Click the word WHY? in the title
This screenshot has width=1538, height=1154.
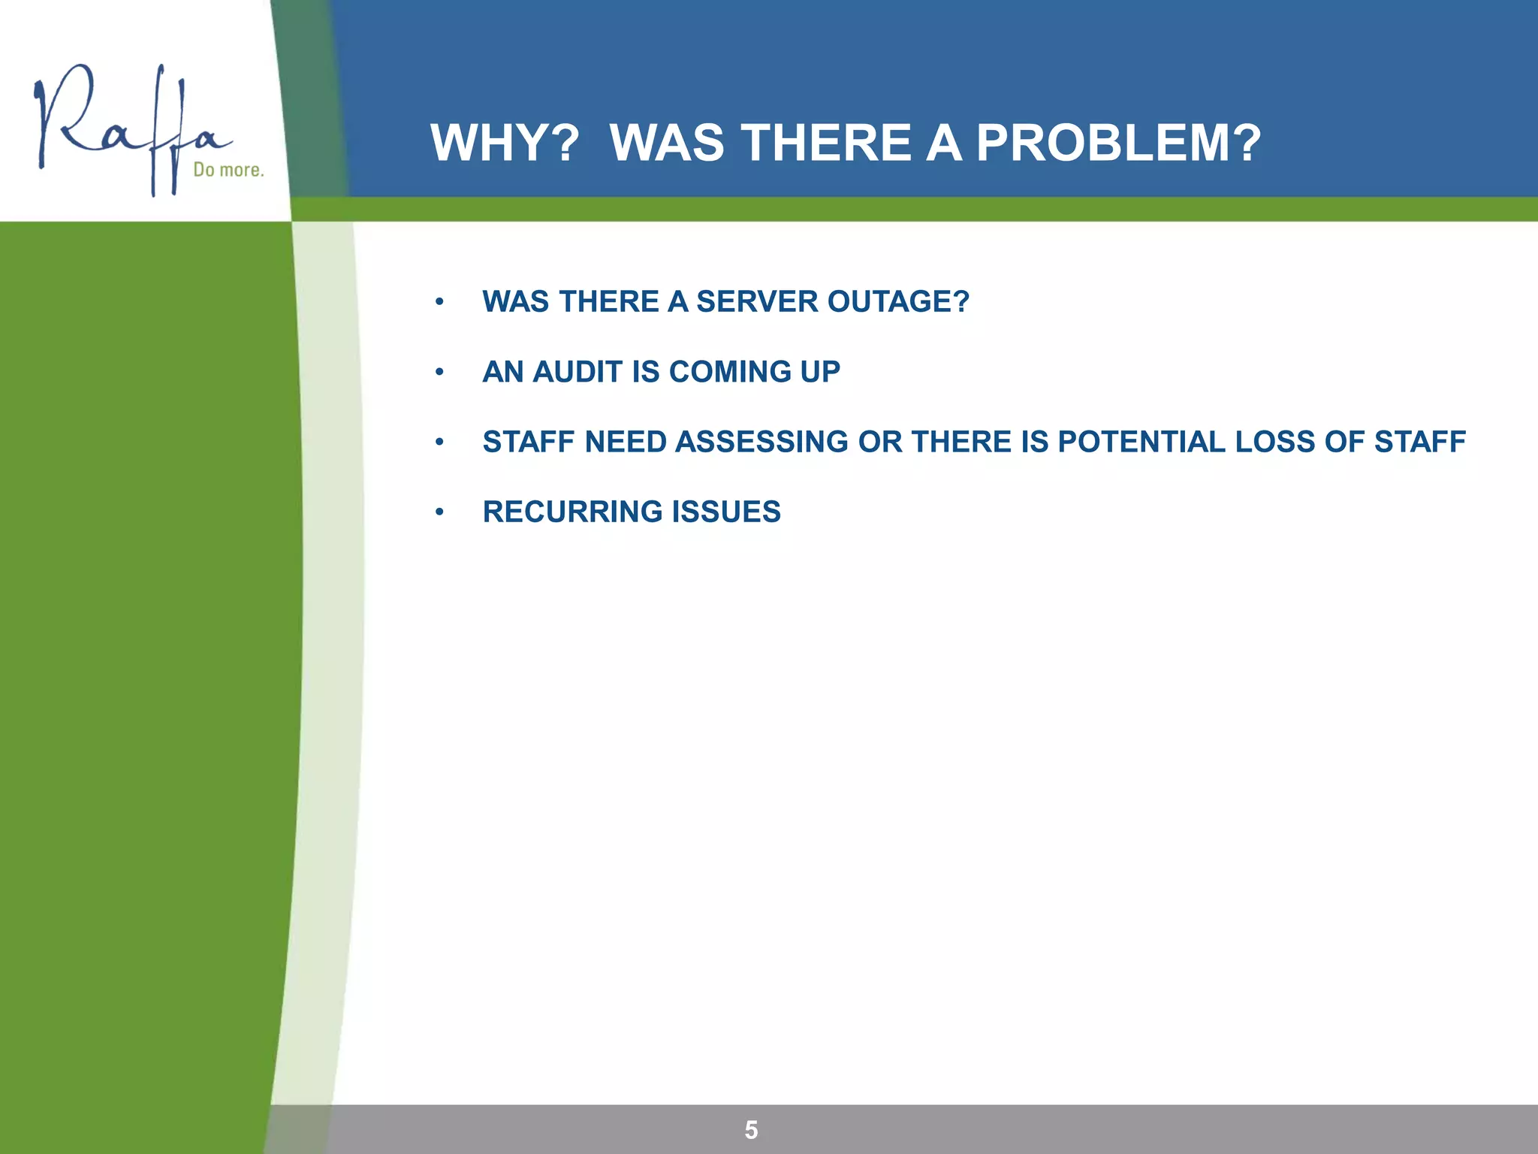(x=505, y=143)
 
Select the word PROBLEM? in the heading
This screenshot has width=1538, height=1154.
(x=1118, y=143)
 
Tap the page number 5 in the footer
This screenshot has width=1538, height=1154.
(x=751, y=1130)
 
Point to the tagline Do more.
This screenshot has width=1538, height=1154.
(x=228, y=170)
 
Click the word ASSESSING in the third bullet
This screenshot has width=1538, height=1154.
(x=761, y=442)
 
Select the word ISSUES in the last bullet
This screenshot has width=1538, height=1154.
(x=726, y=512)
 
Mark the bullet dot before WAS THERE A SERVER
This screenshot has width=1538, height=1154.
(x=439, y=303)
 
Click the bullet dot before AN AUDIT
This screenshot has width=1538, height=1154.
(x=439, y=373)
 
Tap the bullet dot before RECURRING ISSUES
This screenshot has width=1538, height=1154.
(x=439, y=512)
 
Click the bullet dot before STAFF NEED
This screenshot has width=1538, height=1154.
(x=439, y=443)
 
